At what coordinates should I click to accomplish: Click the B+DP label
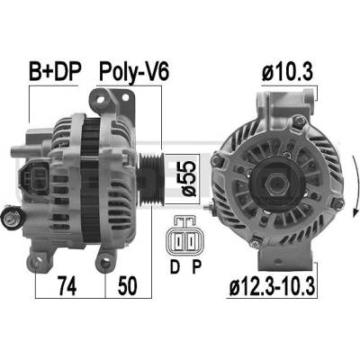coord(55,72)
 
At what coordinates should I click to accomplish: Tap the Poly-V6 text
coord(134,72)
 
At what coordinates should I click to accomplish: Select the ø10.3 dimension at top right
coord(288,72)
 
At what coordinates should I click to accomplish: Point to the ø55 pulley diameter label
coord(189,179)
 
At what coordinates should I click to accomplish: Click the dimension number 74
coord(67,285)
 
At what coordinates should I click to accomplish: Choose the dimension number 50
coord(128,285)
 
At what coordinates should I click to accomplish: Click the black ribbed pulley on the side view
coord(151,180)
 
